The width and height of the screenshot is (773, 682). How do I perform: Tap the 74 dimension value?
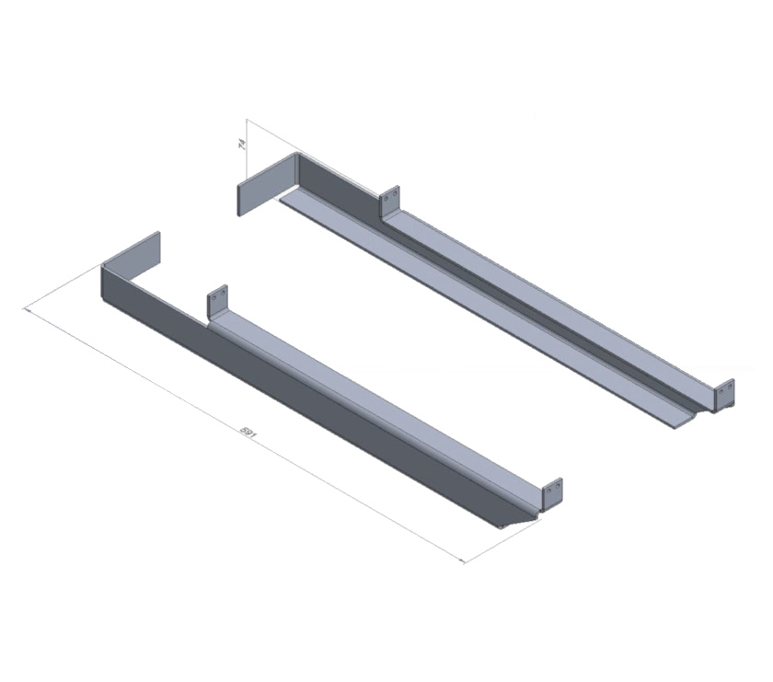point(241,144)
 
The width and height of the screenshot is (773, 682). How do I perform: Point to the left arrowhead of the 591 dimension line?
point(29,312)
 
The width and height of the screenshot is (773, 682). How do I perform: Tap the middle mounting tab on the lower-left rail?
point(217,303)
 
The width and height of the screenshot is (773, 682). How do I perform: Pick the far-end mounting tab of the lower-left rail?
point(551,493)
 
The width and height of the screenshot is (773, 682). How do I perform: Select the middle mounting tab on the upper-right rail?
point(391,200)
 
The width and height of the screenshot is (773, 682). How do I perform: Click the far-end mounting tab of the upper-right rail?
point(725,393)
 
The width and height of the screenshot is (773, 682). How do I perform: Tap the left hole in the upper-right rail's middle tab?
point(387,197)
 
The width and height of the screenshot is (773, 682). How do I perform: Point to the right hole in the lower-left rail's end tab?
point(556,491)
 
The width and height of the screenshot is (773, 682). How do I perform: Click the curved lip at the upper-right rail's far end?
point(686,419)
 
